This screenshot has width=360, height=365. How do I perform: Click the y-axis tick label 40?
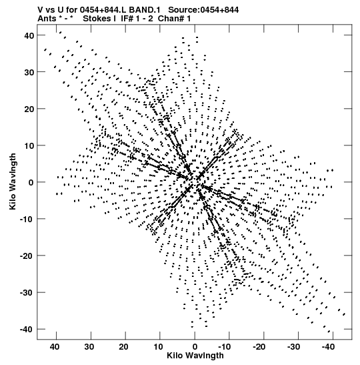pos(29,35)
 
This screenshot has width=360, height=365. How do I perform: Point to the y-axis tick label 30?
pos(29,72)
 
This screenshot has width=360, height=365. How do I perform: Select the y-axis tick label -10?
pos(27,220)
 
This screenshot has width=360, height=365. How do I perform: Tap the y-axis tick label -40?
pos(27,330)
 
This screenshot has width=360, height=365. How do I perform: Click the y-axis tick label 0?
pos(31,183)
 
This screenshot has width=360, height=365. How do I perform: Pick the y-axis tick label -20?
pos(27,256)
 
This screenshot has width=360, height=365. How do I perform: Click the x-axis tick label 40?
pos(55,347)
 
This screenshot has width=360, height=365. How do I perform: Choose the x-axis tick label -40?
pos(328,347)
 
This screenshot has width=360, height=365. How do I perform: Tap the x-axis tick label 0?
pos(195,347)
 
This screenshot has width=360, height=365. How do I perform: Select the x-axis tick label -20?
pos(259,347)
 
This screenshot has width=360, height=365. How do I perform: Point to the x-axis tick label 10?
pos(159,347)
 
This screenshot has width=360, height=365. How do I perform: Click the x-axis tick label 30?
pos(89,347)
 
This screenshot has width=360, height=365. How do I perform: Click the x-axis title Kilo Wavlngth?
pos(195,356)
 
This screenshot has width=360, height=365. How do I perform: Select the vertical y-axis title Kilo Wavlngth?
pos(13,181)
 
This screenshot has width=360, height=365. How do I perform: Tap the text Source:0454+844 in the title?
pos(203,10)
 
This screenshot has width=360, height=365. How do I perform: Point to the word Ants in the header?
pos(47,19)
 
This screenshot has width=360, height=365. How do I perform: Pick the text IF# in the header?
pos(127,19)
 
